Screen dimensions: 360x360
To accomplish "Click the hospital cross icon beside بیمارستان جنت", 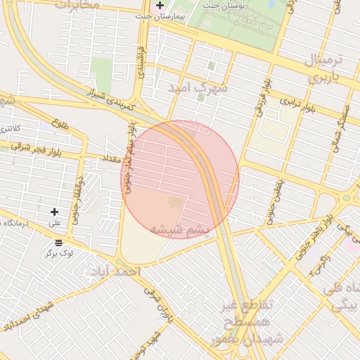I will pyautogui.click(x=160, y=6).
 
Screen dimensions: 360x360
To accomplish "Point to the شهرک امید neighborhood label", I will pyautogui.click(x=198, y=88).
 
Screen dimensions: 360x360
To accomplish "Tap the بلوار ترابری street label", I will pyautogui.click(x=300, y=103).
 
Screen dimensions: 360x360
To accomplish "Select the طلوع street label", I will pyautogui.click(x=60, y=124).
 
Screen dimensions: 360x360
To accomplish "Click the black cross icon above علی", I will pyautogui.click(x=54, y=212).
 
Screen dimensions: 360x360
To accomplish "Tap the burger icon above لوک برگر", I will pyautogui.click(x=58, y=243).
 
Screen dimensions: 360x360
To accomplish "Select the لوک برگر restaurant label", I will pyautogui.click(x=59, y=252).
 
